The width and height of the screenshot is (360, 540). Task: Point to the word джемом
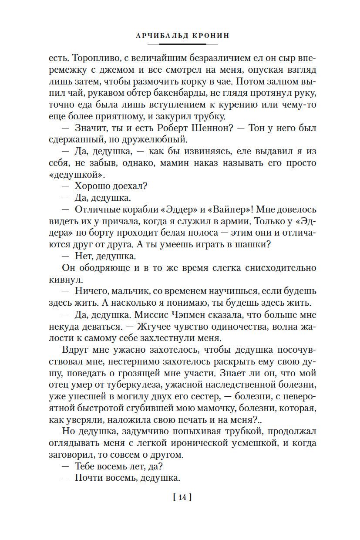132,70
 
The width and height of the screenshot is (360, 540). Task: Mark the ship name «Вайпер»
209,210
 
